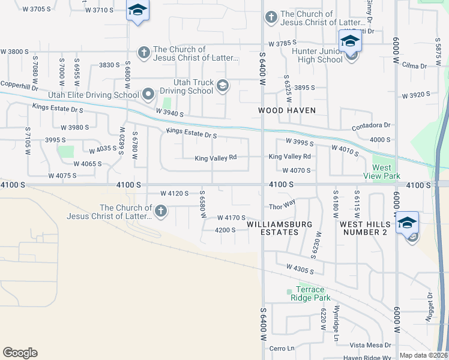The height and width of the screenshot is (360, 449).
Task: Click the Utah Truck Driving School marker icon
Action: (223, 86)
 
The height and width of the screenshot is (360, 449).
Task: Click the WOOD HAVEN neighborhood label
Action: (286, 110)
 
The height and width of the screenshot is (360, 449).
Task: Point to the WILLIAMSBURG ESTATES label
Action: (280, 228)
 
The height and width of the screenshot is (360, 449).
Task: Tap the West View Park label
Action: (382, 172)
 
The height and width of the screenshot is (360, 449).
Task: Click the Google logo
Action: (20, 353)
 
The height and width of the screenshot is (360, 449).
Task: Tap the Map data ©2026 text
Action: (423, 355)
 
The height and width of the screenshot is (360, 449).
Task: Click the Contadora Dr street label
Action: (371, 125)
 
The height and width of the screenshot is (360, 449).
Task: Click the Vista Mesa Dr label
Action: (370, 345)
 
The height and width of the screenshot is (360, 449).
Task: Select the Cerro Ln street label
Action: (282, 348)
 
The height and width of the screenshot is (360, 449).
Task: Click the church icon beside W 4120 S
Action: (160, 211)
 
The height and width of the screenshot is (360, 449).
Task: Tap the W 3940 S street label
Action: (169, 112)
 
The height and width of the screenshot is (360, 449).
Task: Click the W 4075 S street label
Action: (62, 176)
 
